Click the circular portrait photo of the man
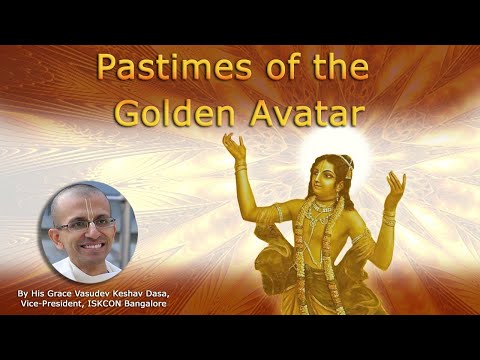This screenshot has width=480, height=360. pos(86,230)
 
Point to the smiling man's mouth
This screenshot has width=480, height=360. pos(88,243)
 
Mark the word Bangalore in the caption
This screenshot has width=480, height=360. pos(146,303)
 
